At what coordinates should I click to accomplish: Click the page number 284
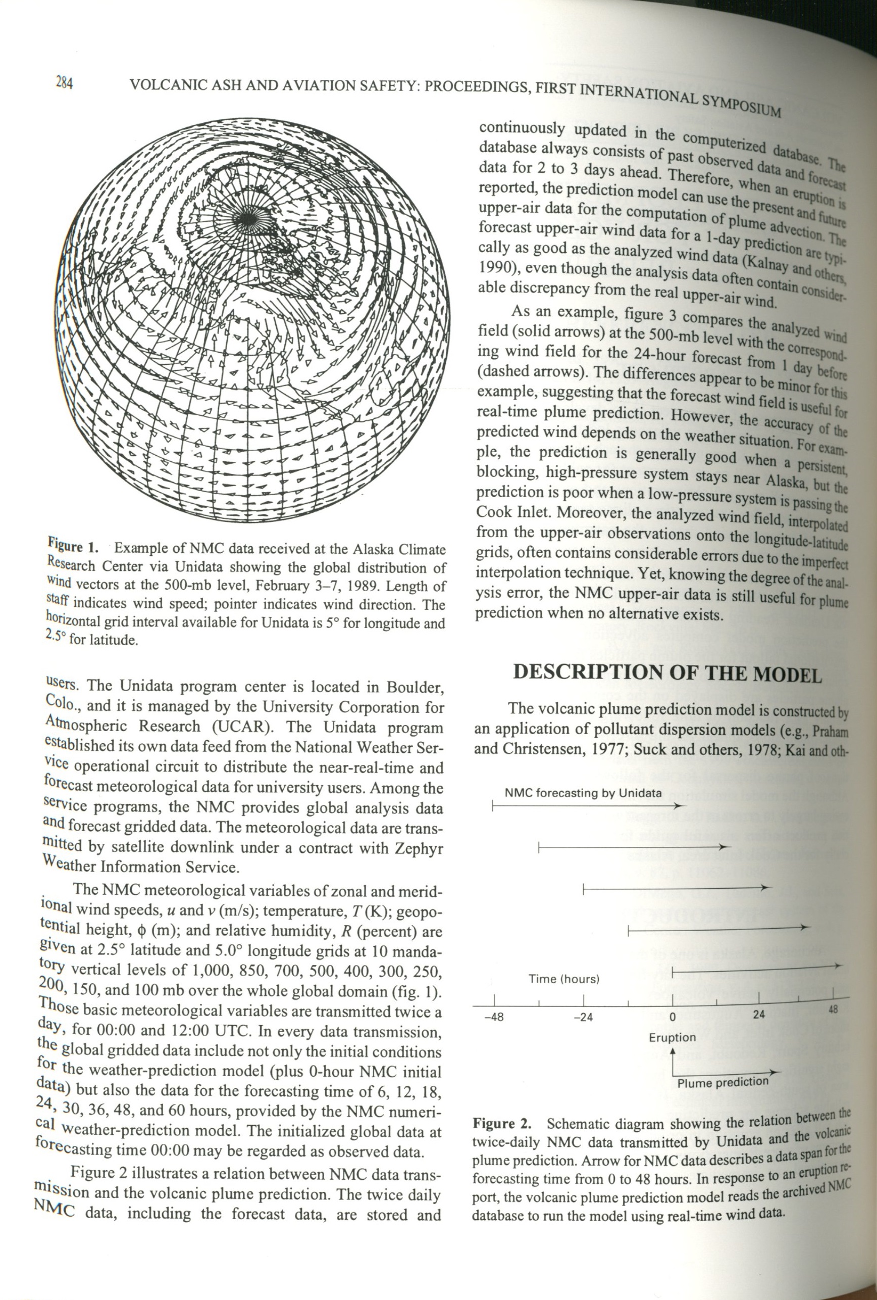point(64,83)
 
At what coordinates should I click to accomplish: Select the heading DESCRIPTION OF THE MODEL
point(667,673)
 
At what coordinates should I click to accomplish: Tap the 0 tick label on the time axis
point(673,1017)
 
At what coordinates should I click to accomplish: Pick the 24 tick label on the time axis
point(758,1014)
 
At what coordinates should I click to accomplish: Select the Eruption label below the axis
point(672,1038)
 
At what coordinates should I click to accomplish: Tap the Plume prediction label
point(723,1082)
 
